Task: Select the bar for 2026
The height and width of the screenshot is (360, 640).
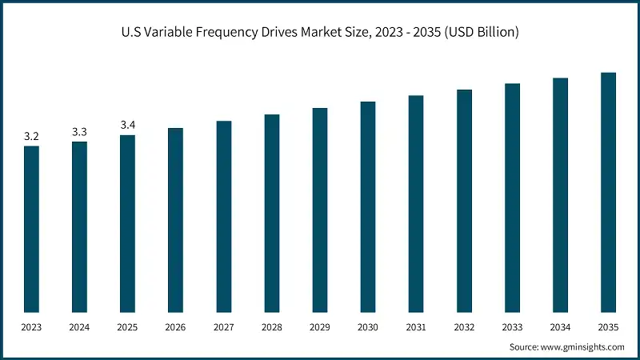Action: [x=175, y=220]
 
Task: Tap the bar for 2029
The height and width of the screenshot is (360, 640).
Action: [x=320, y=210]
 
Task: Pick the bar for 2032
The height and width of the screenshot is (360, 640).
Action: [x=464, y=201]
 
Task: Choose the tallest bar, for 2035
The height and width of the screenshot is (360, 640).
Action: [x=608, y=192]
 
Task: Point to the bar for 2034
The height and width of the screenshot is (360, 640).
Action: [x=560, y=195]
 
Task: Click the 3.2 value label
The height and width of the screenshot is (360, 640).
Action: [x=31, y=137]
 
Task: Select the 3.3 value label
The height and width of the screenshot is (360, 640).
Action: [x=79, y=131]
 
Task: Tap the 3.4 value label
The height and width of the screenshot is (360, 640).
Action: [x=128, y=125]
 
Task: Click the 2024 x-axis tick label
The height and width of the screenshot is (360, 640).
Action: [x=79, y=327]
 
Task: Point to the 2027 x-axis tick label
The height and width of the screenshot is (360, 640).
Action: [x=223, y=327]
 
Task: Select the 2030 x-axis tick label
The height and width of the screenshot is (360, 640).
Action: [x=368, y=327]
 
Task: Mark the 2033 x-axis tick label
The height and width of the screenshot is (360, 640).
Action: [x=512, y=327]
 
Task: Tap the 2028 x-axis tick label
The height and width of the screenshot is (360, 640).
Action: [x=272, y=327]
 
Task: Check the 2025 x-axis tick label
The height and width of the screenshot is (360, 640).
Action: [x=128, y=327]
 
